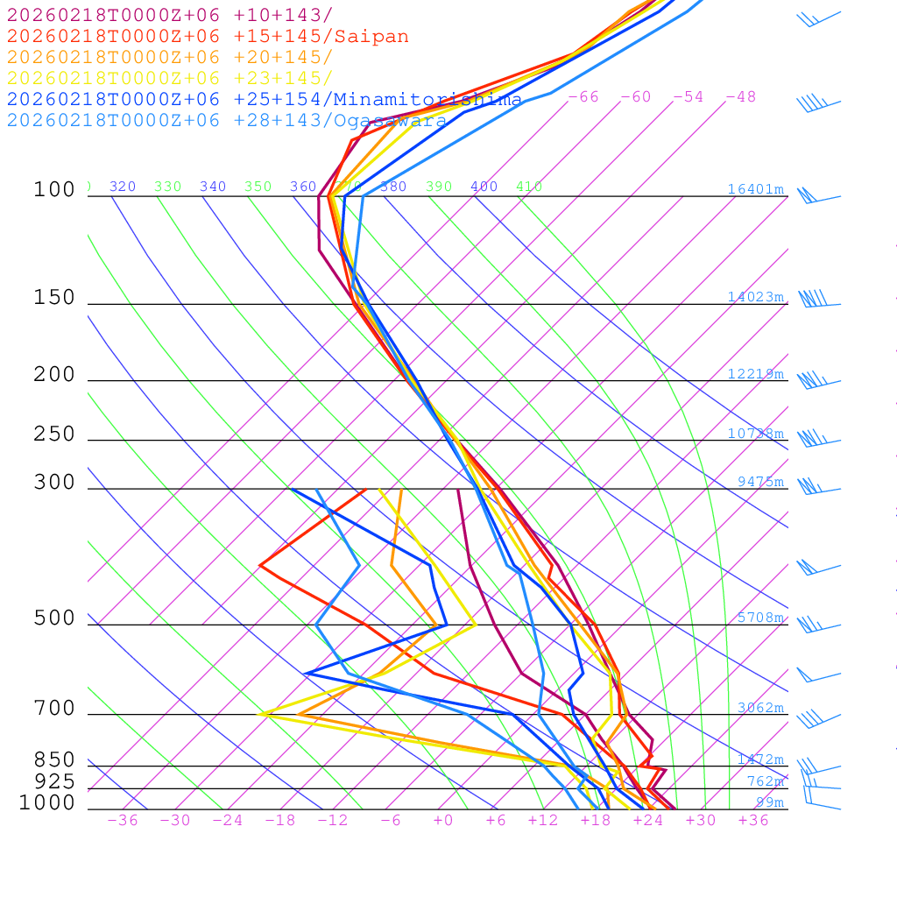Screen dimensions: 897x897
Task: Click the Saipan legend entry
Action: (208, 37)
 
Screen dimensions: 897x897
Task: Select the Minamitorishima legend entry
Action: (265, 99)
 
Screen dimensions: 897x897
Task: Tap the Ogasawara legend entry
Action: (228, 120)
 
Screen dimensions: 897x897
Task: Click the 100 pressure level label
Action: (54, 189)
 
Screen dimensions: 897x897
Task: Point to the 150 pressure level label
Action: (54, 298)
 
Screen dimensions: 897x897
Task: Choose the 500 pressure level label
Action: (54, 618)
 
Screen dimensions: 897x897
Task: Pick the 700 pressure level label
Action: (54, 709)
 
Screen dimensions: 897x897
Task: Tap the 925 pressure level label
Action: (54, 780)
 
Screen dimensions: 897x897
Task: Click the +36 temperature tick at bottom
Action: (753, 820)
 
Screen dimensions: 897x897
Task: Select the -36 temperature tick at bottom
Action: (123, 820)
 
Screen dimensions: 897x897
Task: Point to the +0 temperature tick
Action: (443, 820)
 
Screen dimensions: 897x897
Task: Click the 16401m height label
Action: (756, 189)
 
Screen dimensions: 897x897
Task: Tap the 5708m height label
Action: (760, 618)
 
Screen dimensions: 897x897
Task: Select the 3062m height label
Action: (760, 708)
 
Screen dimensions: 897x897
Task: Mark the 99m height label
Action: (770, 802)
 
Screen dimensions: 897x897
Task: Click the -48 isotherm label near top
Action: (740, 96)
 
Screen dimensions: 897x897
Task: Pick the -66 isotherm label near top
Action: (583, 96)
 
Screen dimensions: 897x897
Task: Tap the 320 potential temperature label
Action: (123, 187)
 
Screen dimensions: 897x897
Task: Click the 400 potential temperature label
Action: (484, 187)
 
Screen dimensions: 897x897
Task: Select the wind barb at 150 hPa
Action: (815, 300)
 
